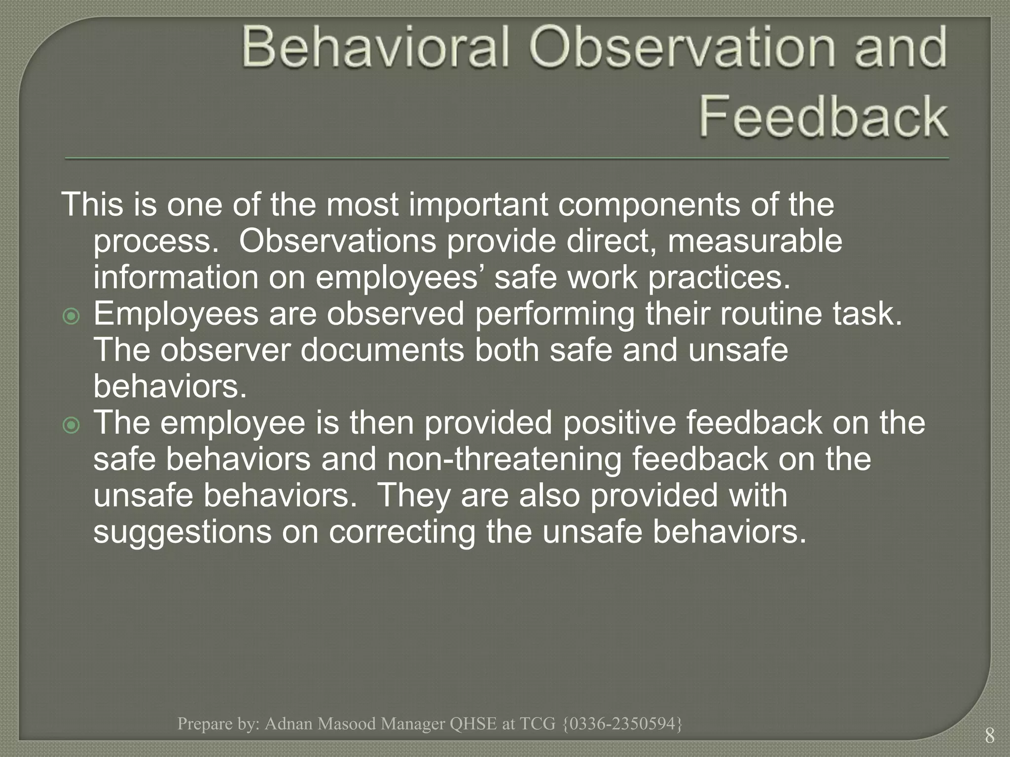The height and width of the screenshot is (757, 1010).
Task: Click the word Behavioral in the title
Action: click(375, 48)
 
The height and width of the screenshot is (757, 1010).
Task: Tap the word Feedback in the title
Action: click(823, 117)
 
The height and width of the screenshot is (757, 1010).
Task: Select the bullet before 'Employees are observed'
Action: click(72, 316)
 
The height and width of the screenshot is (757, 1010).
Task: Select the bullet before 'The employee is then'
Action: click(72, 425)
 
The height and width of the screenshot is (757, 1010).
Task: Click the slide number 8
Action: click(989, 736)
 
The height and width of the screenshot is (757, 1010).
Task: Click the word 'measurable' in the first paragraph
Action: click(755, 241)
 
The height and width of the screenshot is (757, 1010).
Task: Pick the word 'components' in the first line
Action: click(649, 205)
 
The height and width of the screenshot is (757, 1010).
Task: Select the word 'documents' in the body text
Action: click(382, 350)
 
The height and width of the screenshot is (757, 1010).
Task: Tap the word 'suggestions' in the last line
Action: click(182, 533)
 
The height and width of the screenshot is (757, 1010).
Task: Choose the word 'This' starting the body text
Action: click(92, 205)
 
